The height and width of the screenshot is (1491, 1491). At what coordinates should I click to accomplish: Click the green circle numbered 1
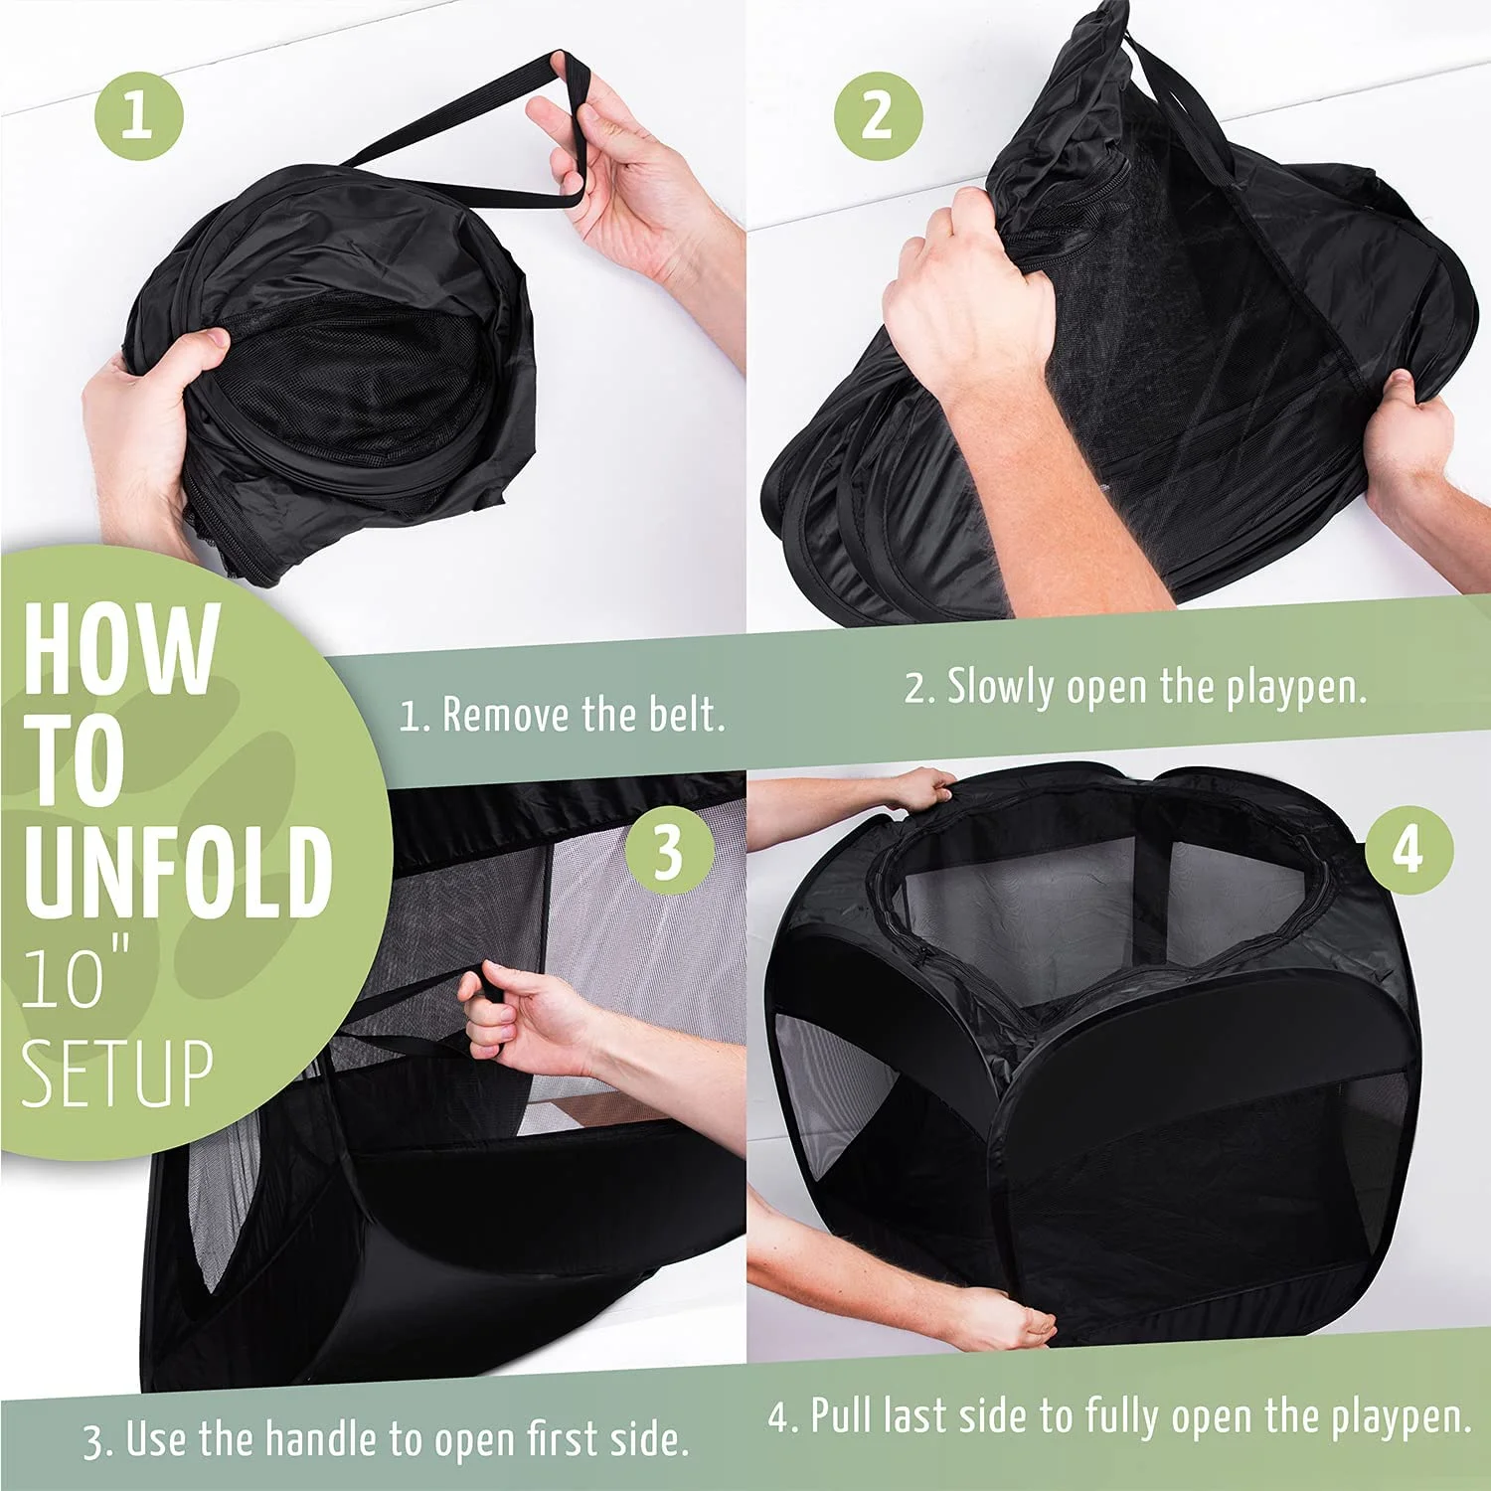tap(139, 115)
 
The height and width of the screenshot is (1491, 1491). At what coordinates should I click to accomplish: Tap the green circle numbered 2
tap(878, 115)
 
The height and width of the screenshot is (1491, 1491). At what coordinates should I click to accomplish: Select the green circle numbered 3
tap(669, 852)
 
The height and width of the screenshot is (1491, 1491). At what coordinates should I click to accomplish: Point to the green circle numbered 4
tap(1408, 852)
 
